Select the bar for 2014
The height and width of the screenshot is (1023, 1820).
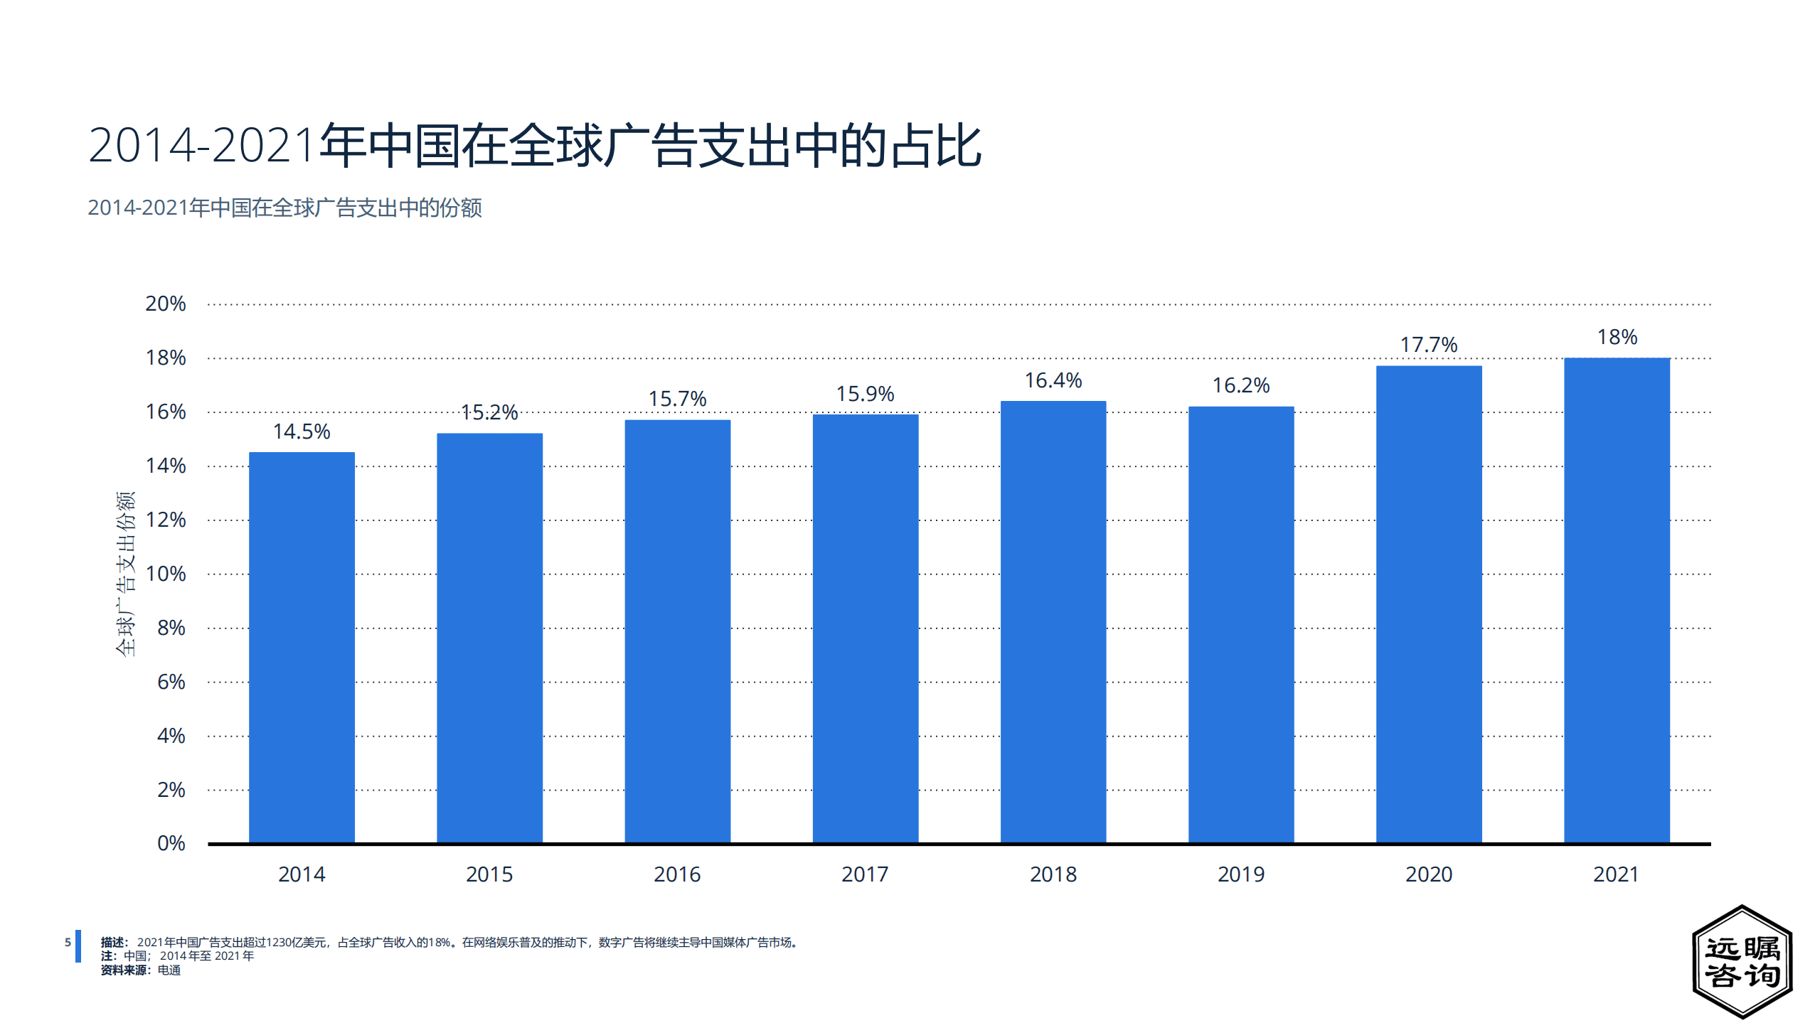(x=302, y=647)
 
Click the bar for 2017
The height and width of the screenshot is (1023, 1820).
(x=865, y=628)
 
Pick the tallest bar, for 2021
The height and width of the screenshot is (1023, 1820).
(x=1616, y=600)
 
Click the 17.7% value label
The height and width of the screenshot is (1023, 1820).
(x=1428, y=345)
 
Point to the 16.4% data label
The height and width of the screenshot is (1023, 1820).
(x=1053, y=380)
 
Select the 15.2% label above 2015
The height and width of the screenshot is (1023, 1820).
(x=489, y=412)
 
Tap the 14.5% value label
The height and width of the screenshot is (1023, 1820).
(x=302, y=432)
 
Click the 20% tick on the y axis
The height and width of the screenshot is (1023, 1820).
(x=165, y=304)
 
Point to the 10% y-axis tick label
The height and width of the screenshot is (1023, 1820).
(x=165, y=574)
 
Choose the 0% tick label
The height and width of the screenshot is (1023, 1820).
(x=171, y=843)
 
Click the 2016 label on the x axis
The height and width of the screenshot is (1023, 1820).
(x=677, y=874)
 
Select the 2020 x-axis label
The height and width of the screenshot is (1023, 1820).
(x=1428, y=874)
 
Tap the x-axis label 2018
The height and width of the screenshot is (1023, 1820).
(x=1053, y=874)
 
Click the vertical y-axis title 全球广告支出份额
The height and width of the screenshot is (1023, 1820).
(x=125, y=573)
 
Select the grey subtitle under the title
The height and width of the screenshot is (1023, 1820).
(x=284, y=208)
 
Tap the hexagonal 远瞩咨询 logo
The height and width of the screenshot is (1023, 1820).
(x=1741, y=961)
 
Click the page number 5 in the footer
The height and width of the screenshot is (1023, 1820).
(x=68, y=942)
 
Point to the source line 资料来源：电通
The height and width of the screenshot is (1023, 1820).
(x=140, y=970)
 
